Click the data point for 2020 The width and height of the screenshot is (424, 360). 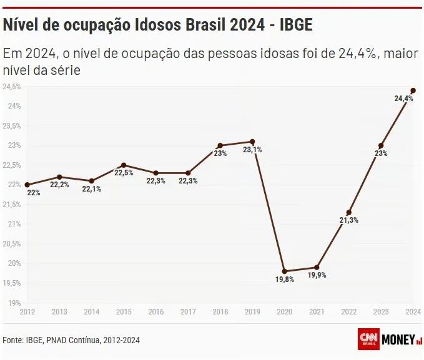tap(285, 271)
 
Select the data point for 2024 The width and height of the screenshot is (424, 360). tap(413, 90)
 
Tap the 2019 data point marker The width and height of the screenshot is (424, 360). tap(252, 142)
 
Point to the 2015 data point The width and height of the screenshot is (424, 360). tap(124, 165)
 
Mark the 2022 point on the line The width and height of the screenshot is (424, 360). tap(348, 212)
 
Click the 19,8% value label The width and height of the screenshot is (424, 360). tap(284, 280)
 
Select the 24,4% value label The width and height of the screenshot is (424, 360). tap(403, 99)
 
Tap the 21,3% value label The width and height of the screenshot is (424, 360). tap(348, 220)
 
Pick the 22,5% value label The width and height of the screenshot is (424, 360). tap(124, 173)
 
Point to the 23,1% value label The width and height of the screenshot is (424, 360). tap(252, 150)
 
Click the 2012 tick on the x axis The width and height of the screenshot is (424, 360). tap(27, 311)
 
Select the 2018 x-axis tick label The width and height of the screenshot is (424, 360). tap(220, 311)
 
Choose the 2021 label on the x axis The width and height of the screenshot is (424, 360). tap(317, 311)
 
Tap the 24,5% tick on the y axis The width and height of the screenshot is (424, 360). tap(12, 86)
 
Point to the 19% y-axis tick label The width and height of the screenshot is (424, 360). tap(14, 303)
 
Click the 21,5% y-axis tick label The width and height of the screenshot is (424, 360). tap(12, 204)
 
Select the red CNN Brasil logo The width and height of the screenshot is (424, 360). tap(368, 339)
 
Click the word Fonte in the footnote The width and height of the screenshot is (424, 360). tap(12, 340)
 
